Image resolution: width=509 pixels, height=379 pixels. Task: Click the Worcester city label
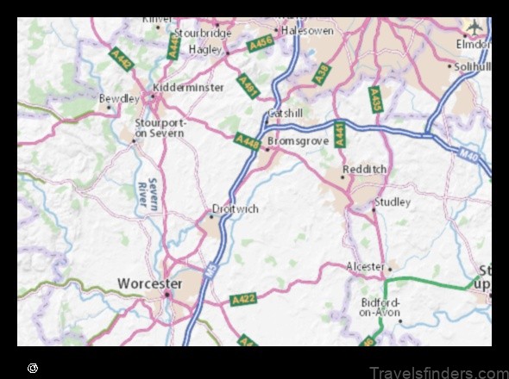tap(149, 283)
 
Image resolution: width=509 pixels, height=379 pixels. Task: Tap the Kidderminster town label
tap(188, 87)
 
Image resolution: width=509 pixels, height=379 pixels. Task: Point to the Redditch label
tap(364, 170)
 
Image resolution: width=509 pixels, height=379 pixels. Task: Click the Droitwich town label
tap(236, 208)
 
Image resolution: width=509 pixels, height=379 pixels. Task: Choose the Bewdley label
tap(119, 99)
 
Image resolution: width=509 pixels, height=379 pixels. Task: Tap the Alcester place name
tap(365, 266)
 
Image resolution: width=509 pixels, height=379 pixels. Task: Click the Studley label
tap(392, 202)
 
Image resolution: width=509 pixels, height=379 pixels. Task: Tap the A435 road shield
tap(375, 98)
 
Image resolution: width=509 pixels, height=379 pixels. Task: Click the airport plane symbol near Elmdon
tap(474, 26)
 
